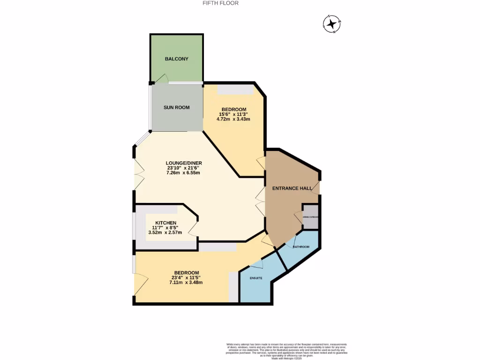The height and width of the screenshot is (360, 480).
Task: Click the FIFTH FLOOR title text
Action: (x=220, y=3)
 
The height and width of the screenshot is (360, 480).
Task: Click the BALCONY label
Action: (x=177, y=59)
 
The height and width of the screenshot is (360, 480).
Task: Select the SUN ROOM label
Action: (x=177, y=107)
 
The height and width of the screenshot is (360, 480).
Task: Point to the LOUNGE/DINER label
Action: (x=183, y=163)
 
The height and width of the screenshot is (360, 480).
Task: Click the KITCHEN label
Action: (x=166, y=223)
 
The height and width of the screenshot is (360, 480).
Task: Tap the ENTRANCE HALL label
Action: (x=292, y=188)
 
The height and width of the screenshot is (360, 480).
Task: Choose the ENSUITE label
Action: (x=255, y=278)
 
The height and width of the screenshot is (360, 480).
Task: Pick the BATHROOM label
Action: (x=301, y=247)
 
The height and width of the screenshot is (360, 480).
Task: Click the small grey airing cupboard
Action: (x=311, y=217)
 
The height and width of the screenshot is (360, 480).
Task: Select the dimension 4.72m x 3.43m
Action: (x=233, y=119)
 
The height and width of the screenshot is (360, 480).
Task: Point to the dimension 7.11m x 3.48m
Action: (x=187, y=282)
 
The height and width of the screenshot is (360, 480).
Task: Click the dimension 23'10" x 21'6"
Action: (x=183, y=168)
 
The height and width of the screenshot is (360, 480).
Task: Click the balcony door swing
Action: (x=162, y=79)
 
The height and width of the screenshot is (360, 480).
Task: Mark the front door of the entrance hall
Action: (x=317, y=188)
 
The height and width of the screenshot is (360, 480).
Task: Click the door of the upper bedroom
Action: (x=261, y=164)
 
